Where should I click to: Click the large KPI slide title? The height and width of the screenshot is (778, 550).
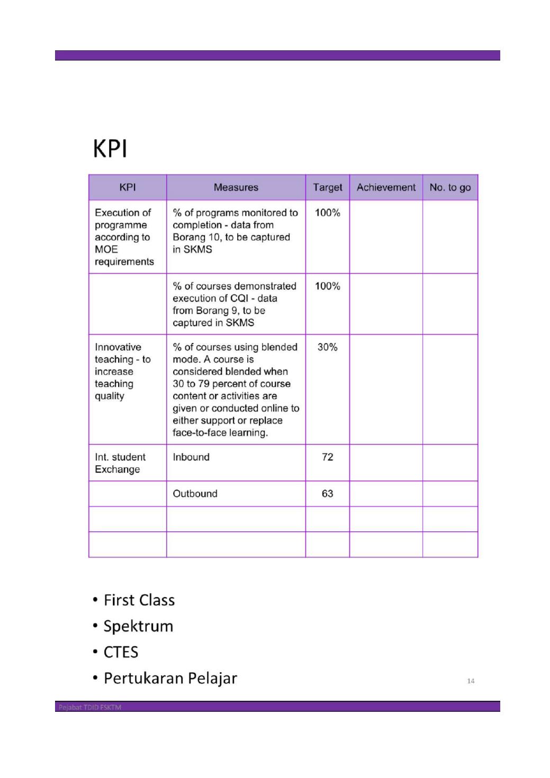110,148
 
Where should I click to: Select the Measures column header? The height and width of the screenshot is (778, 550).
236,187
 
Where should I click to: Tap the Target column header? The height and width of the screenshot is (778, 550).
327,187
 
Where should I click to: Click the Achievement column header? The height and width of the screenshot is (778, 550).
386,187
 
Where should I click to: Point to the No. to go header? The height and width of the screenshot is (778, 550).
450,187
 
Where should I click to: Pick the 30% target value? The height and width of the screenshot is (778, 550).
327,347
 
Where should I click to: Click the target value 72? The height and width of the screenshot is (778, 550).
327,457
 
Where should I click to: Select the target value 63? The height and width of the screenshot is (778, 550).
327,494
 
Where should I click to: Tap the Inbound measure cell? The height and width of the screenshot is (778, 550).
191,457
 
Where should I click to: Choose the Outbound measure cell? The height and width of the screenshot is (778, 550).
195,494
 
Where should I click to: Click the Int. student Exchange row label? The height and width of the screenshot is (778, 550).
120,463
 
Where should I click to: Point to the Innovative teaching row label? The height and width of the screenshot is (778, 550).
122,372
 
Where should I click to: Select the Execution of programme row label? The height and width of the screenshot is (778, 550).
124,237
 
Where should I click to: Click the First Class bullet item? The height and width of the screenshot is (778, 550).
139,600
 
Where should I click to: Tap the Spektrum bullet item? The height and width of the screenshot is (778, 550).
138,626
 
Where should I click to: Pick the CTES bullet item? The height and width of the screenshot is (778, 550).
121,652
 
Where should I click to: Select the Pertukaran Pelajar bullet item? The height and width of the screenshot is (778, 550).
170,678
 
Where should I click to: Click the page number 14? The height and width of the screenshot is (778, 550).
471,681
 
